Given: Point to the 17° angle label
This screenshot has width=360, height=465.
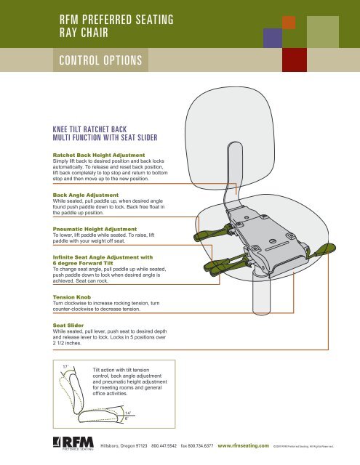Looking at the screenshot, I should pyautogui.click(x=65, y=366).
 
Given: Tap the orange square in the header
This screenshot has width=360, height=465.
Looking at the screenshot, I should pyautogui.click(x=289, y=22).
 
